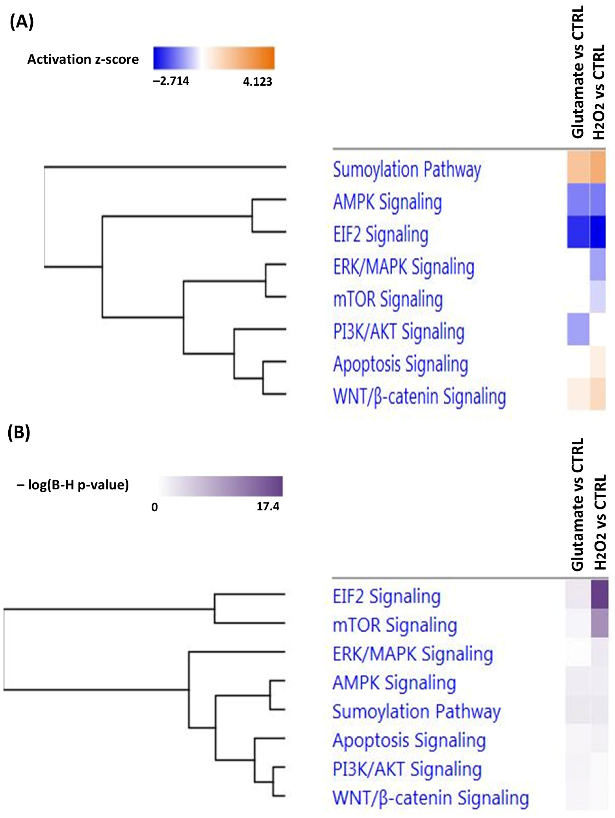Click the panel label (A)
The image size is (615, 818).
click(x=21, y=22)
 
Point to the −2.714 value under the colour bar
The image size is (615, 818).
click(x=171, y=81)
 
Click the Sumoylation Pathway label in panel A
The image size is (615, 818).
click(x=407, y=170)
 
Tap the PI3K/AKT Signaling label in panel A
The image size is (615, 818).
click(x=398, y=332)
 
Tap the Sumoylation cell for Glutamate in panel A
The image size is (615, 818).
click(x=578, y=167)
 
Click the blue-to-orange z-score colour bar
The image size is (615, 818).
click(x=214, y=58)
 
